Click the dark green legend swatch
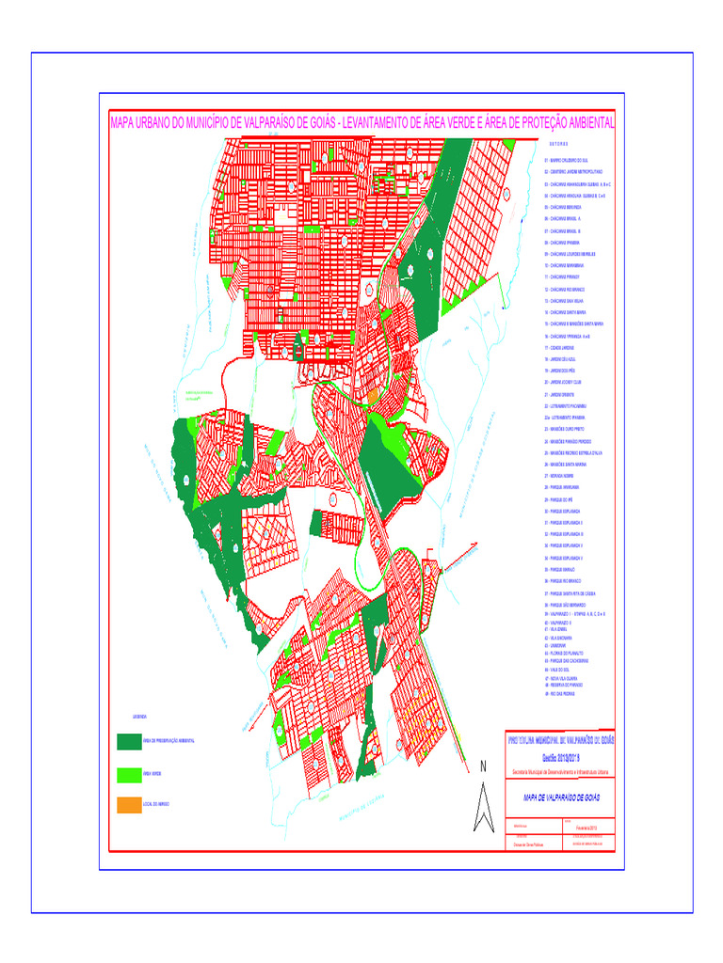(128, 741)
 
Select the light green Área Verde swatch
(128, 775)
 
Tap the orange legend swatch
(128, 805)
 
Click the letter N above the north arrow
(483, 766)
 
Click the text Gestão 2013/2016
(561, 756)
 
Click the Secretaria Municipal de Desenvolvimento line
(561, 771)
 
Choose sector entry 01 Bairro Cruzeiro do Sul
(566, 161)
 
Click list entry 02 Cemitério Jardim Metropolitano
(574, 173)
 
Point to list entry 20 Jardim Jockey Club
(565, 383)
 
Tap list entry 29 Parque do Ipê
(561, 499)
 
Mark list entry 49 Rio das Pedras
(561, 692)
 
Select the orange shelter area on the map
(373, 397)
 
